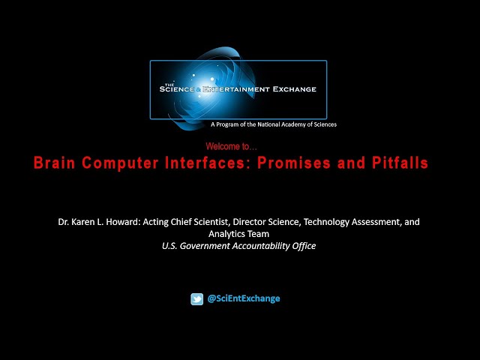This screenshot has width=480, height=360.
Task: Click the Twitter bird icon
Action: [196, 299]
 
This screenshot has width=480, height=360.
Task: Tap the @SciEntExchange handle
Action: [244, 298]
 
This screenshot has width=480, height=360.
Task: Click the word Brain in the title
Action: [54, 163]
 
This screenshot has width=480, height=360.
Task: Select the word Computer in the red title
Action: [120, 163]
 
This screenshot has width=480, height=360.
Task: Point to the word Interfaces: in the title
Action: [205, 163]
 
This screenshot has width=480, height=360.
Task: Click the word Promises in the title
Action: [294, 163]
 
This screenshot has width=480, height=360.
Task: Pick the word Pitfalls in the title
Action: [400, 163]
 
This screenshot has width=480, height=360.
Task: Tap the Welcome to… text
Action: [232, 146]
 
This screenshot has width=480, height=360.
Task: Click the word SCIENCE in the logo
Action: [177, 89]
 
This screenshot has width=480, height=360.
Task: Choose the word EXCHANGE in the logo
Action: [295, 89]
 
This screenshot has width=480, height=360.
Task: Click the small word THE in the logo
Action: [169, 85]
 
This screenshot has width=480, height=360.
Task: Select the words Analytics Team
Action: [238, 234]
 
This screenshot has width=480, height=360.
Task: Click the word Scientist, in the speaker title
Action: [212, 222]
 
